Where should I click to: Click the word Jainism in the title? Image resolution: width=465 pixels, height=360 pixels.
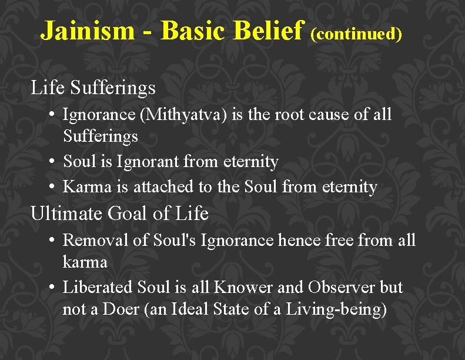[87, 31]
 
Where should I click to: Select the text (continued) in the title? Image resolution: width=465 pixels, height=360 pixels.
[356, 34]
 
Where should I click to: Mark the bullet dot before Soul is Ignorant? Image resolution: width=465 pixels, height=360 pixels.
[52, 161]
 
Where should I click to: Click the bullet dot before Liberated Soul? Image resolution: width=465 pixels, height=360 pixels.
[52, 288]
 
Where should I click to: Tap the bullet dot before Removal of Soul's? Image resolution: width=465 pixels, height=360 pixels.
[52, 240]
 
